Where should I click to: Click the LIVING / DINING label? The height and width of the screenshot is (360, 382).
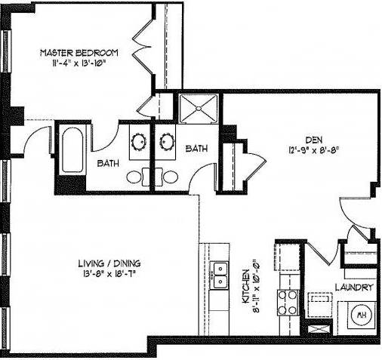(x=109, y=263)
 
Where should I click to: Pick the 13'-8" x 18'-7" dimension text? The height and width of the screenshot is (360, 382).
(x=109, y=274)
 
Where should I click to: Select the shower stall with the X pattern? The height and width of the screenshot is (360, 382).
(x=199, y=109)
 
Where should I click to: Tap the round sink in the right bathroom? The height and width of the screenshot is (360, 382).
(x=165, y=141)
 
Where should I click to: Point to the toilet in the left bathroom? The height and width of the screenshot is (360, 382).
(x=134, y=177)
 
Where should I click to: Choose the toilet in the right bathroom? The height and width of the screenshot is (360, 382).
(x=170, y=177)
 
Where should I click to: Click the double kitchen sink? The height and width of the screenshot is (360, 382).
(x=221, y=275)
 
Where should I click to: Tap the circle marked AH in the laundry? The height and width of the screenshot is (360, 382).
(x=361, y=314)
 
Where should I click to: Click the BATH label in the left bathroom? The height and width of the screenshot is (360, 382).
(x=107, y=162)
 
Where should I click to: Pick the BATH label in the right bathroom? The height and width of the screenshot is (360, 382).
(x=197, y=149)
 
